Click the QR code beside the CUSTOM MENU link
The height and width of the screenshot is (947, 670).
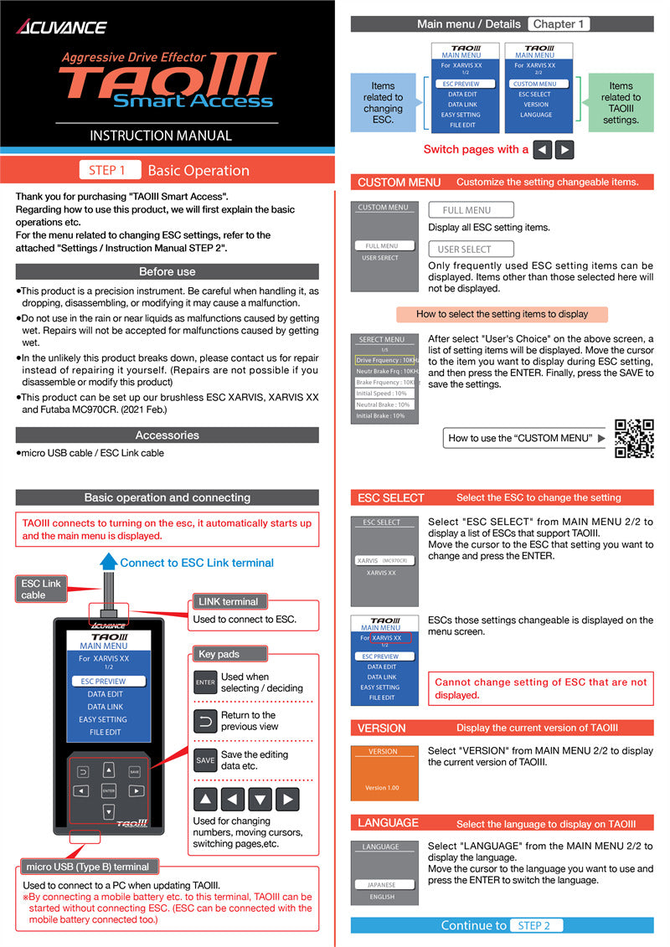point(634,438)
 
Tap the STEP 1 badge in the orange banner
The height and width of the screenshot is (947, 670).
point(107,170)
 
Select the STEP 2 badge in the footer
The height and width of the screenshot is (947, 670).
point(534,925)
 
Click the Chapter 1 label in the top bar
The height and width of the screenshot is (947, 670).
point(559,24)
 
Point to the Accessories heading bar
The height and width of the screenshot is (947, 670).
point(167,435)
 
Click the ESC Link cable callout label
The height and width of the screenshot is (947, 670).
point(41,589)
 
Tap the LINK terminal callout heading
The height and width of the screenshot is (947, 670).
point(228,601)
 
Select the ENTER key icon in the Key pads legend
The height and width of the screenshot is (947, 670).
point(205,682)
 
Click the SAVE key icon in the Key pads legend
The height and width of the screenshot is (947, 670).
point(205,760)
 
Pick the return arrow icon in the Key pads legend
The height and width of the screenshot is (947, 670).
point(205,721)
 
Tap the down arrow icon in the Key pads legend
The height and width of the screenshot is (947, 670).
point(260,800)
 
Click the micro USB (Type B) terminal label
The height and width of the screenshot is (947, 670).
point(87,867)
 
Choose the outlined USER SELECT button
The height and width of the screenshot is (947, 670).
point(464,250)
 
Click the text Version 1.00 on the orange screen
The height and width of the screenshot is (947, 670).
point(382,788)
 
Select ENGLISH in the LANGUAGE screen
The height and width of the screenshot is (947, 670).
point(382,897)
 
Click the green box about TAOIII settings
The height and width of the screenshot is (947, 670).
point(621,103)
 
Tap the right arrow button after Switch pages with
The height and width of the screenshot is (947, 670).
point(564,150)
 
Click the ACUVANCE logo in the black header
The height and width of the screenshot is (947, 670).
point(62,27)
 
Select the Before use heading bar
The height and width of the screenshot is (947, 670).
point(167,271)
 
